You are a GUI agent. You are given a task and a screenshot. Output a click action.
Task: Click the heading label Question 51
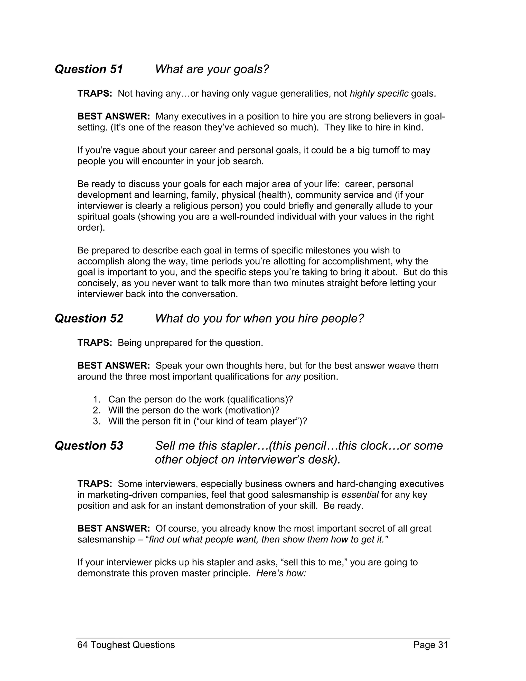click(89, 69)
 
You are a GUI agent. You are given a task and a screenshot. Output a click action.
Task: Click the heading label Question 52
click(89, 319)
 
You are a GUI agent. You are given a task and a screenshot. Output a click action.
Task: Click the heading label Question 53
click(89, 446)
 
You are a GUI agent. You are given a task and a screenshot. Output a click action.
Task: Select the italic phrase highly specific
click(379, 94)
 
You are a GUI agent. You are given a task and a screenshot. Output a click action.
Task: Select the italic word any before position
click(293, 377)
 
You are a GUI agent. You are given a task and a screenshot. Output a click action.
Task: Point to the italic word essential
click(360, 495)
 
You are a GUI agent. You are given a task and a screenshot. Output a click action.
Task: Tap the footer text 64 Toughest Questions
click(126, 645)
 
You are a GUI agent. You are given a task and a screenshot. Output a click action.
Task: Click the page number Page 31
click(431, 645)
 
